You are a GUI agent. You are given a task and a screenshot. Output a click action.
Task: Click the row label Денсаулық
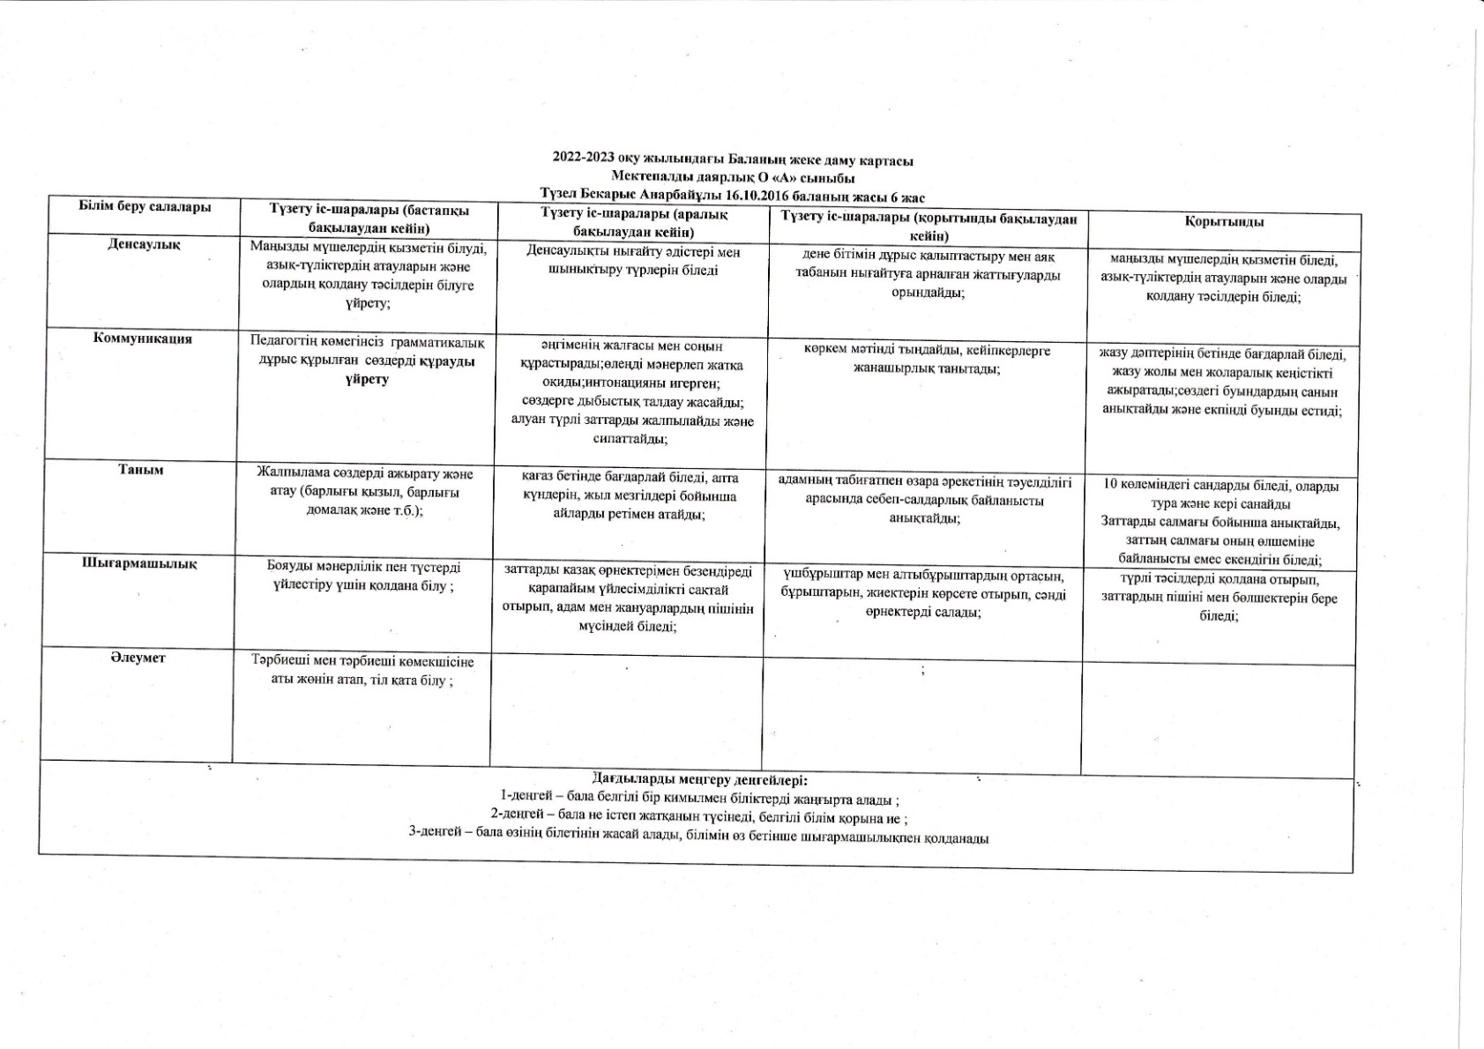[143, 244]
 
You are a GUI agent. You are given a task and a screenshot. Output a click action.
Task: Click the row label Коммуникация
[143, 339]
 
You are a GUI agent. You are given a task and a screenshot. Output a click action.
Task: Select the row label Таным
[141, 470]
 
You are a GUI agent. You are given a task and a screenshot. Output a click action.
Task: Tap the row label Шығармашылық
[139, 564]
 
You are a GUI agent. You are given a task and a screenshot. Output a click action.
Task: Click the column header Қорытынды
[1224, 222]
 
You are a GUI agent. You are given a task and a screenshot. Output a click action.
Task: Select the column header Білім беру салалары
[145, 207]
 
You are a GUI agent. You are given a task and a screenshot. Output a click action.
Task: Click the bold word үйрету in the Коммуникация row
[368, 380]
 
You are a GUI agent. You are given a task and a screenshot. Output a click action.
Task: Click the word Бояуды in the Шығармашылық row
[289, 568]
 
